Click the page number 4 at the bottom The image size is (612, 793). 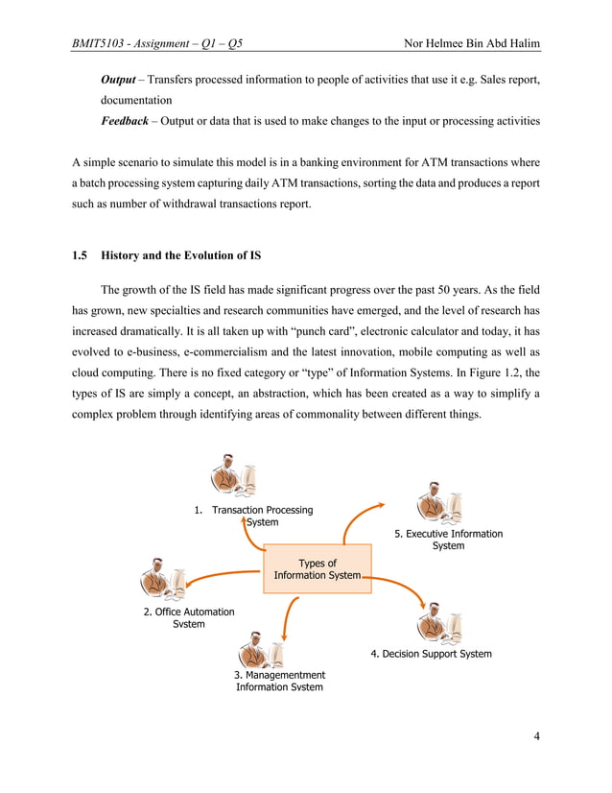tap(536, 736)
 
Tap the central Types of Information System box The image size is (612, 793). tap(317, 569)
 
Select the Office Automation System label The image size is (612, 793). tap(189, 617)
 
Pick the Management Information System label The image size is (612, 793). tap(279, 681)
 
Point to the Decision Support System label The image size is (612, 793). tap(431, 654)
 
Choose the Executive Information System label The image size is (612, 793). tap(448, 540)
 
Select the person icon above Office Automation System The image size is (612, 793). tap(164, 577)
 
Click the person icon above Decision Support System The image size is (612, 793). tap(440, 623)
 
